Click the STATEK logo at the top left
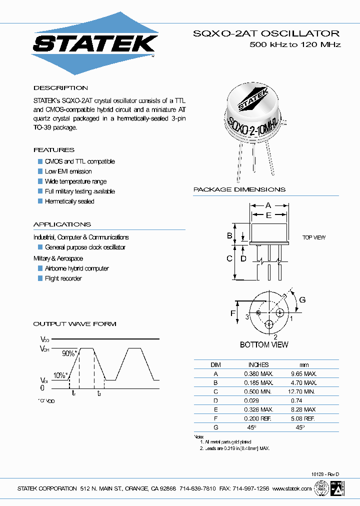coord(95,43)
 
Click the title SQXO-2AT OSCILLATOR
coord(266,33)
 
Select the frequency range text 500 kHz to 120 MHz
coord(295,45)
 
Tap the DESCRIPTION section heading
coord(60,88)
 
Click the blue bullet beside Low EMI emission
coord(40,171)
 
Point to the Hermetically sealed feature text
coord(69,201)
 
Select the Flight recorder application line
coord(63,278)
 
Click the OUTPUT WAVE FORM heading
coord(74,324)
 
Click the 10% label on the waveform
coord(60,375)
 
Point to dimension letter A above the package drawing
coord(268,205)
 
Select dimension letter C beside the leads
coord(229,258)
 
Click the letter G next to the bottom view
coord(302,300)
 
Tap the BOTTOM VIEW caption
coord(264,344)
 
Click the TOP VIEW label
coord(314,237)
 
